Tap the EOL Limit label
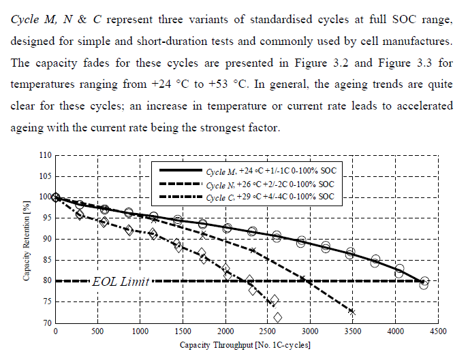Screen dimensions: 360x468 click(122, 281)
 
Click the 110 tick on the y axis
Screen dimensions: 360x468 click(46, 155)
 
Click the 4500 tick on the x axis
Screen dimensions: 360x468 click(437, 331)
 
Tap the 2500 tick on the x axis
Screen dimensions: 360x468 click(267, 331)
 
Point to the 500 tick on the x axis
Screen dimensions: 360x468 click(97, 331)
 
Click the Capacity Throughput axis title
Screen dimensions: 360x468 click(245, 346)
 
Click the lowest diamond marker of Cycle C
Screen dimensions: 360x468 click(278, 317)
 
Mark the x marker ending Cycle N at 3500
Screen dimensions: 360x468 click(352, 312)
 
